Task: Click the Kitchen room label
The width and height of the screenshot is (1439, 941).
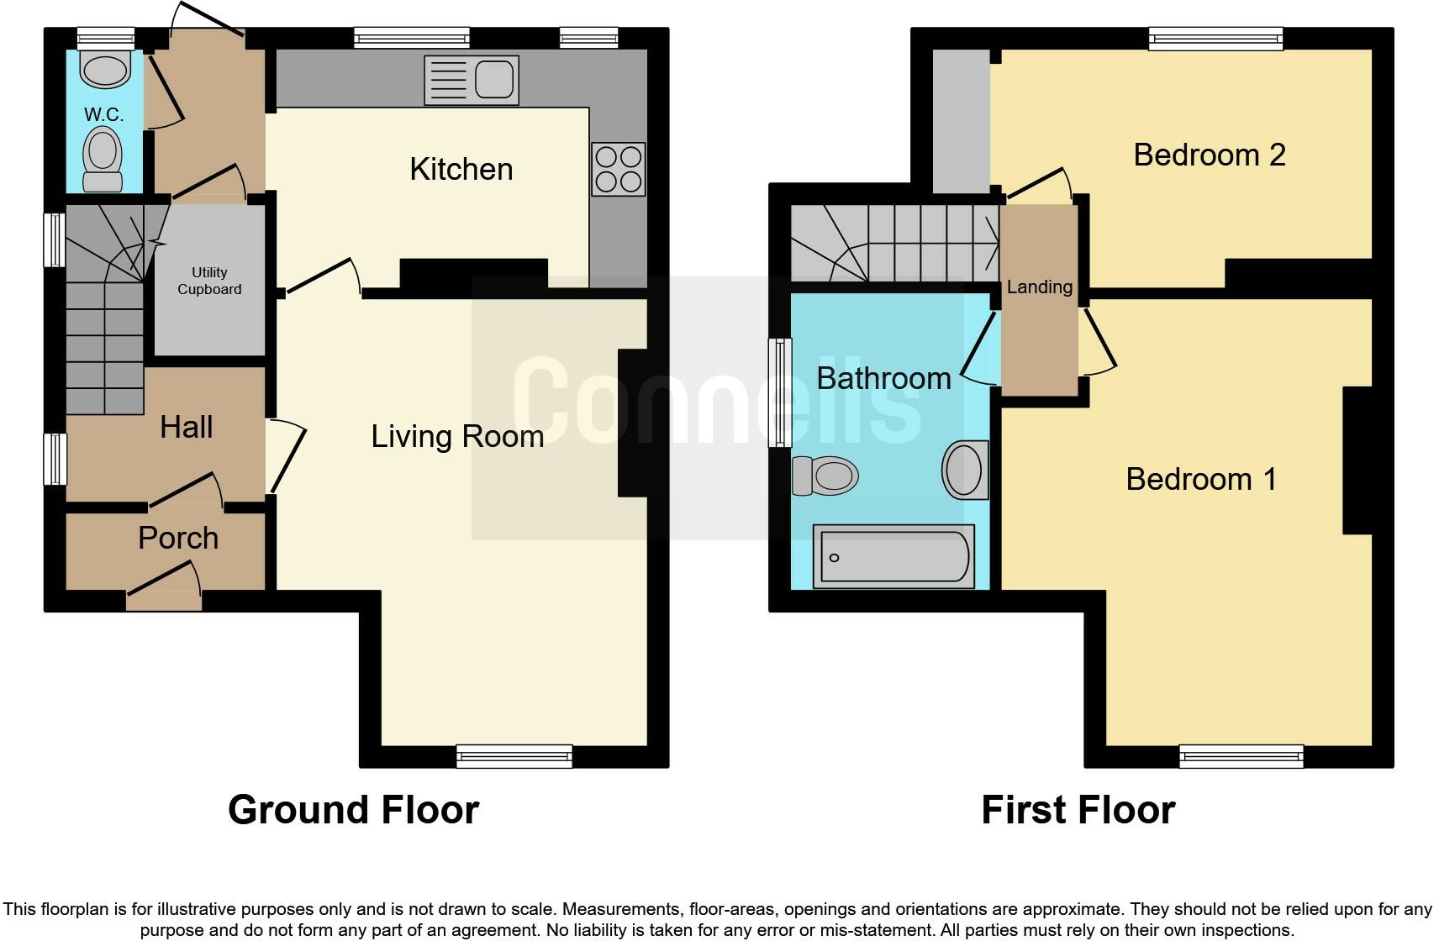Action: [461, 169]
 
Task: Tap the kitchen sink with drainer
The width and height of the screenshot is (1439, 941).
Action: [472, 81]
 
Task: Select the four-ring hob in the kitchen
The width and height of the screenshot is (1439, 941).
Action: [618, 169]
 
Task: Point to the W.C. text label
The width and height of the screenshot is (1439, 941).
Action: [103, 115]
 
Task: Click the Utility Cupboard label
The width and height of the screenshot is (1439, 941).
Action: [209, 281]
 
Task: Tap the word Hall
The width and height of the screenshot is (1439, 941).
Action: [186, 427]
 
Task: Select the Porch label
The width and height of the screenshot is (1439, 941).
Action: [178, 538]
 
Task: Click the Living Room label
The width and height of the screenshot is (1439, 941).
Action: [457, 436]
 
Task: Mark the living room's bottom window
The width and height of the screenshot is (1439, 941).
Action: [514, 756]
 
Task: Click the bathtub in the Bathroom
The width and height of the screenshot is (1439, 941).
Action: [894, 556]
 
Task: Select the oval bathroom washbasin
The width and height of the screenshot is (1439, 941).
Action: [964, 470]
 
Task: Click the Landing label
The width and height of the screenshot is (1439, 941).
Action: [1039, 287]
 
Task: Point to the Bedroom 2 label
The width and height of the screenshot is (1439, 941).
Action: [1209, 155]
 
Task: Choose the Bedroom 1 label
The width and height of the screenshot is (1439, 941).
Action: [1200, 479]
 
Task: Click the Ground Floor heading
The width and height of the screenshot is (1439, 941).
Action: [353, 810]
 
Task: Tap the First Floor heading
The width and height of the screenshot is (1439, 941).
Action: [1078, 810]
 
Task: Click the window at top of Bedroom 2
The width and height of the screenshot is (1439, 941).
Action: [1215, 39]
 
